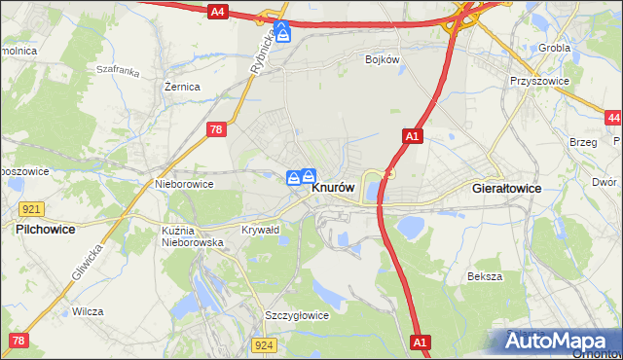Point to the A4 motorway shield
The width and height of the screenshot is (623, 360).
click(x=217, y=12)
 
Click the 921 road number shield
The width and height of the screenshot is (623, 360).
click(x=30, y=209)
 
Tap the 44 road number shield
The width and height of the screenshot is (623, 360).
click(x=612, y=118)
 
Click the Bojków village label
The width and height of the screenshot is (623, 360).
click(x=383, y=59)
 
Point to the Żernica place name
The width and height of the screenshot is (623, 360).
click(x=182, y=87)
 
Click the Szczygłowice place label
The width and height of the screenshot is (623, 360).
click(x=297, y=315)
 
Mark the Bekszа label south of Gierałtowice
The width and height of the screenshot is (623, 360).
click(x=484, y=276)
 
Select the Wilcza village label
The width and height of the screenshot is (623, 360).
click(x=88, y=311)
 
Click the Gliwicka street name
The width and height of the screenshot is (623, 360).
click(x=86, y=263)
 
